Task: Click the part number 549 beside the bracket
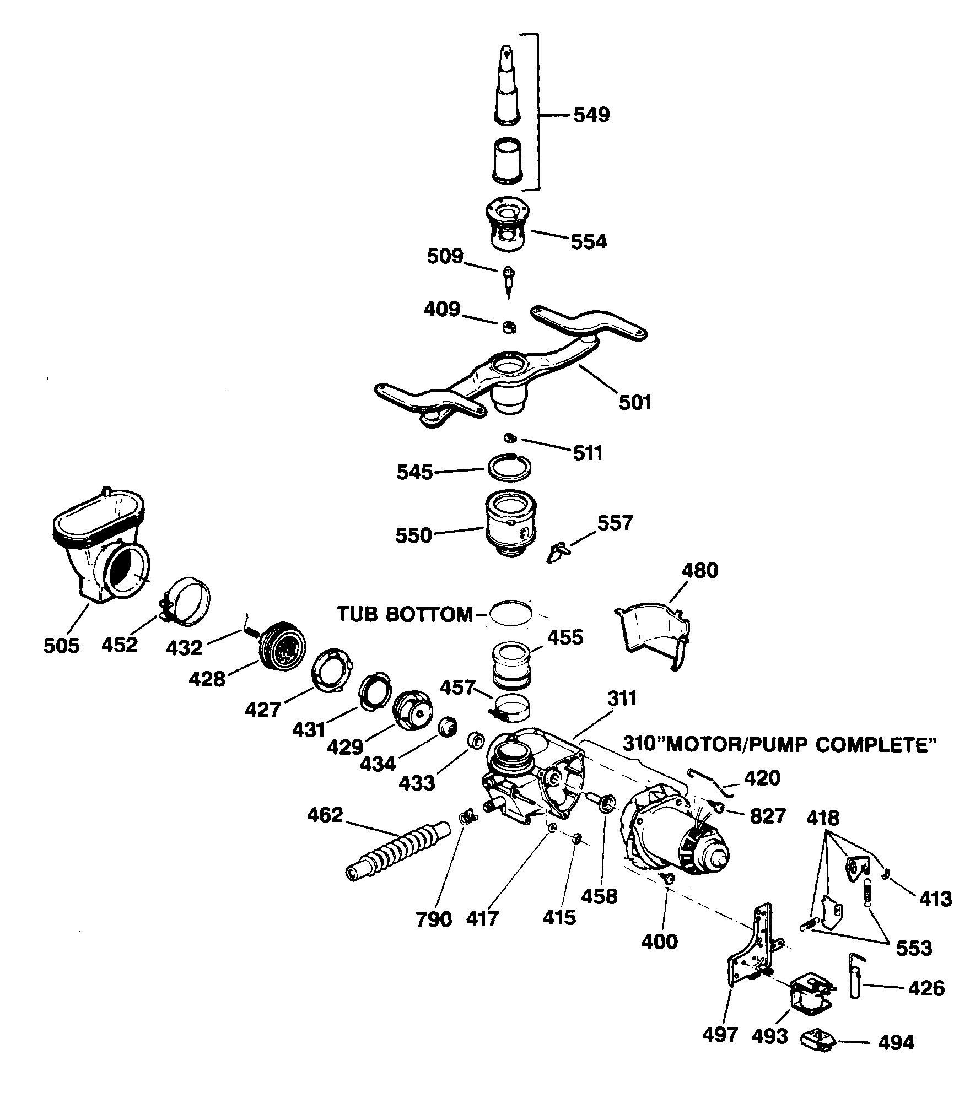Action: (x=591, y=115)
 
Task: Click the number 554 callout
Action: (x=588, y=241)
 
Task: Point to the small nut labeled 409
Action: (x=509, y=328)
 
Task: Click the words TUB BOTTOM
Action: (x=405, y=614)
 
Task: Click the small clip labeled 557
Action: (x=558, y=552)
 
